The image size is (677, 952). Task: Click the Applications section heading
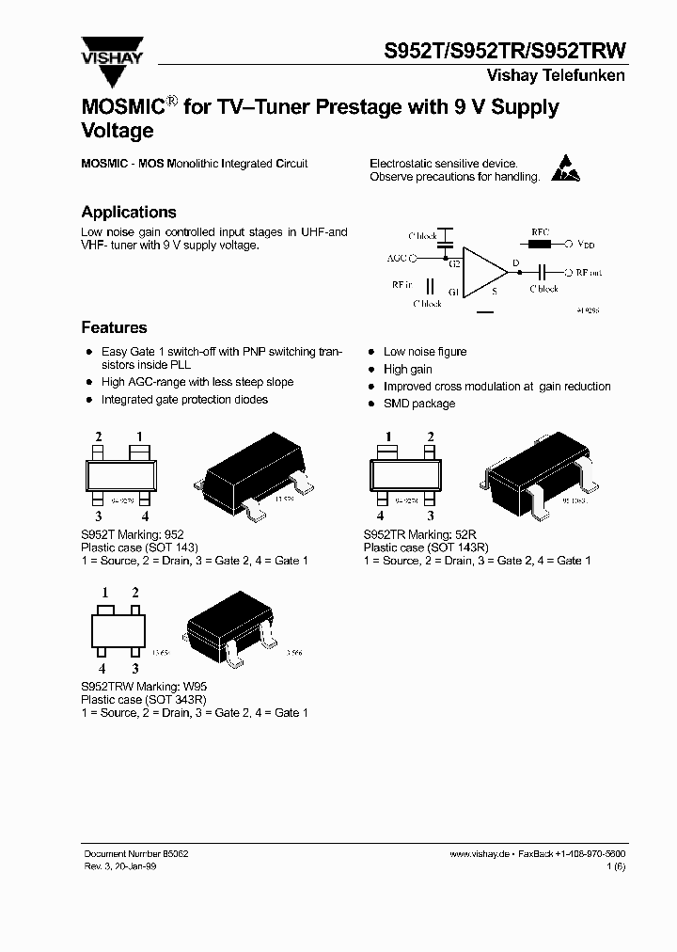(x=129, y=213)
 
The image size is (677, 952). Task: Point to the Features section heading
(x=114, y=328)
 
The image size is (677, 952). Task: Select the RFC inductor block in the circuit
(x=540, y=244)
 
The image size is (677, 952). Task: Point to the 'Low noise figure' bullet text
(x=424, y=352)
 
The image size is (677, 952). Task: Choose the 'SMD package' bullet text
(x=418, y=404)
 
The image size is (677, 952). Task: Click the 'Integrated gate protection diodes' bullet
(x=184, y=400)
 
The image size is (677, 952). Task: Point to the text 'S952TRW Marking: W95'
(x=143, y=688)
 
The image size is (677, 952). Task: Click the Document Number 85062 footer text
(x=136, y=852)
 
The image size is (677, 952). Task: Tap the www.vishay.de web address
(x=480, y=852)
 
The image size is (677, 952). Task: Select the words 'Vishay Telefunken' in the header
(x=555, y=75)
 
